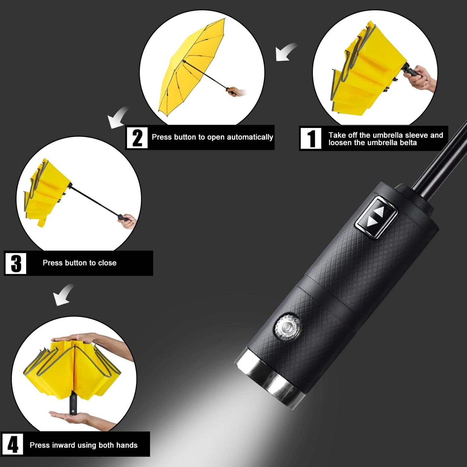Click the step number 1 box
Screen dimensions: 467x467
pyautogui.click(x=311, y=138)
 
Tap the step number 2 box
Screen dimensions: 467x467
pyautogui.click(x=137, y=138)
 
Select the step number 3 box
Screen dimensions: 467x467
pyautogui.click(x=16, y=263)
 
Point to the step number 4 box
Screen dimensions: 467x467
pyautogui.click(x=13, y=445)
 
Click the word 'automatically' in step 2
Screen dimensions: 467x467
pyautogui.click(x=250, y=137)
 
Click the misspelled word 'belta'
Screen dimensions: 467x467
pyautogui.click(x=409, y=143)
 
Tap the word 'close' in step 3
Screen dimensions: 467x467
pyautogui.click(x=107, y=263)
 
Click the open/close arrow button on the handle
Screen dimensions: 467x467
pyautogui.click(x=377, y=217)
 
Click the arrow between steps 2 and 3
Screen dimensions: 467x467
pyautogui.click(x=118, y=118)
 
